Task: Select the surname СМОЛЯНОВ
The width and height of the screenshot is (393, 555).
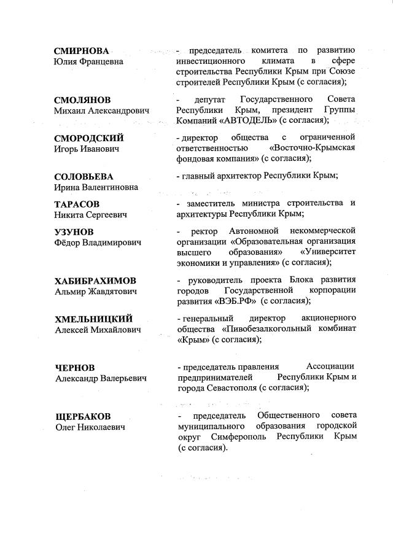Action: pos(83,99)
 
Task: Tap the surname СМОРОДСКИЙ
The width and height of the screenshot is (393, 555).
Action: pos(88,138)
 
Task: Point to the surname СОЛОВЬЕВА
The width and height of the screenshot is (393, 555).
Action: pos(84,177)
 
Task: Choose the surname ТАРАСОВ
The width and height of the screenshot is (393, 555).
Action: pos(77,204)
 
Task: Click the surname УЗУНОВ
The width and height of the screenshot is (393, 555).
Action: pos(74,231)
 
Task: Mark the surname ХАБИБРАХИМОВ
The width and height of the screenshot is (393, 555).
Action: pos(95,281)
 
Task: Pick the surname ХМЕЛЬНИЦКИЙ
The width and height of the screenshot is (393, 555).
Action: pos(93,319)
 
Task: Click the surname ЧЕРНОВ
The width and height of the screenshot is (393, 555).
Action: pos(74,368)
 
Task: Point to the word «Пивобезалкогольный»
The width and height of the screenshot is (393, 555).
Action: pos(268,328)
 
